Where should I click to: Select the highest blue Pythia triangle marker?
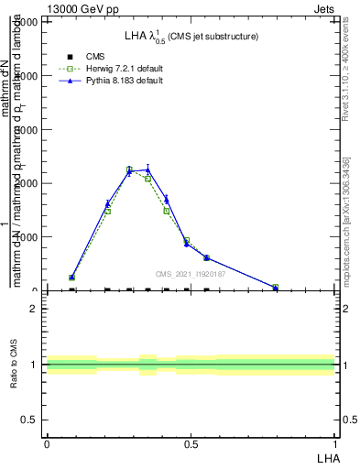(147, 169)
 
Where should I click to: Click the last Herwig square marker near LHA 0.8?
(275, 287)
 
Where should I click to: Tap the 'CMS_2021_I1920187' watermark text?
(191, 273)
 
